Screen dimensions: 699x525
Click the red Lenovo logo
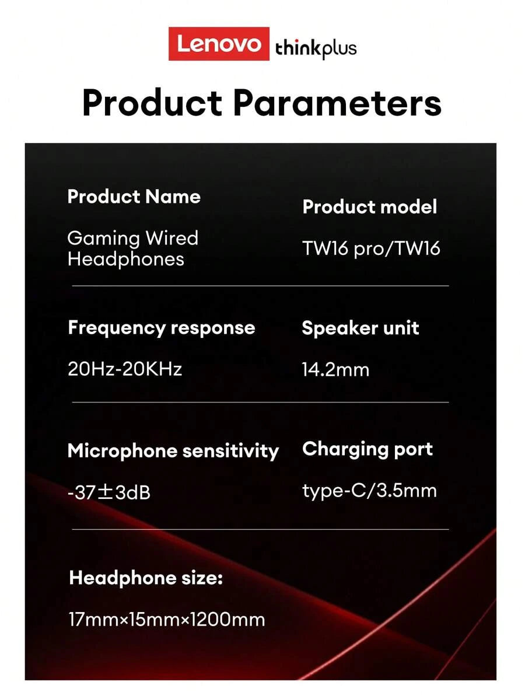219,44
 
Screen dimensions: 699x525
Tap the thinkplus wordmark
316,48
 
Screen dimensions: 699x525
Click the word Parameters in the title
337,103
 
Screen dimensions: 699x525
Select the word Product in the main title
152,103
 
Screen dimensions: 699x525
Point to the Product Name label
134,197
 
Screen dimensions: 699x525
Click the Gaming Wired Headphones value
132,248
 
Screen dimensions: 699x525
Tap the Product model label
369,207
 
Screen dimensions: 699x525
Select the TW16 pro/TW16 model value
371,249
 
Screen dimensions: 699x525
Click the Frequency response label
161,328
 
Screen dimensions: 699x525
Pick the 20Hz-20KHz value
125,369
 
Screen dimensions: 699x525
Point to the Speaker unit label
360,328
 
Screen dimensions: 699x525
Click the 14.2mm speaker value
335,369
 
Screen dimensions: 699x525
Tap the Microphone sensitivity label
173,451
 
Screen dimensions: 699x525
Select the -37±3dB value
109,492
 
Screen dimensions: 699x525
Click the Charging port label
367,449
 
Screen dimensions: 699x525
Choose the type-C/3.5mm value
369,491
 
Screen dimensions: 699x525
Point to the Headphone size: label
146,578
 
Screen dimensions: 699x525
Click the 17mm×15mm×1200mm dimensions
166,619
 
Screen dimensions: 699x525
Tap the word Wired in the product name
172,238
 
